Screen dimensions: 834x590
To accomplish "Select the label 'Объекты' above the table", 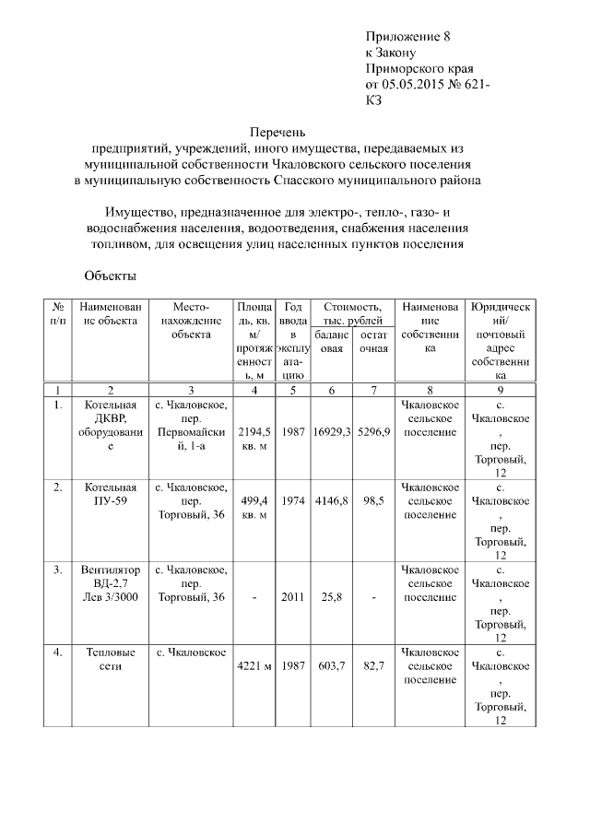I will (x=110, y=276).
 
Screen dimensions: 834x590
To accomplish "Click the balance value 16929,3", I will (x=332, y=431).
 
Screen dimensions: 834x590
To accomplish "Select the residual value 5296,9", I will (x=373, y=431).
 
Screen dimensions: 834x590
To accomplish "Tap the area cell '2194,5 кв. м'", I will (x=253, y=439).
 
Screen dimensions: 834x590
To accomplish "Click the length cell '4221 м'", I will (x=253, y=665).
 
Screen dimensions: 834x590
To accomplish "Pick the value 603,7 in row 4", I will (x=332, y=665).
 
